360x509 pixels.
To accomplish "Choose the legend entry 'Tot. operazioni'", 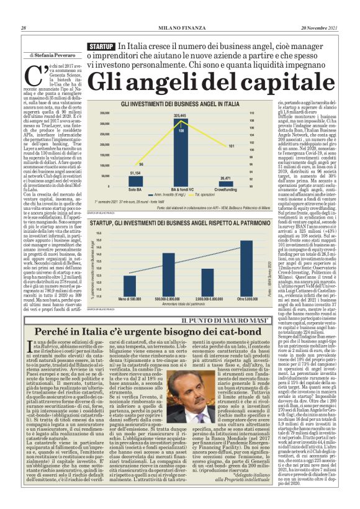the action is point(198,194).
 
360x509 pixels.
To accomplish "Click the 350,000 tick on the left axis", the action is point(104,112).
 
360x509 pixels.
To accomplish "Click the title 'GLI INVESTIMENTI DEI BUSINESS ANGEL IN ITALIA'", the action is point(179,104).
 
